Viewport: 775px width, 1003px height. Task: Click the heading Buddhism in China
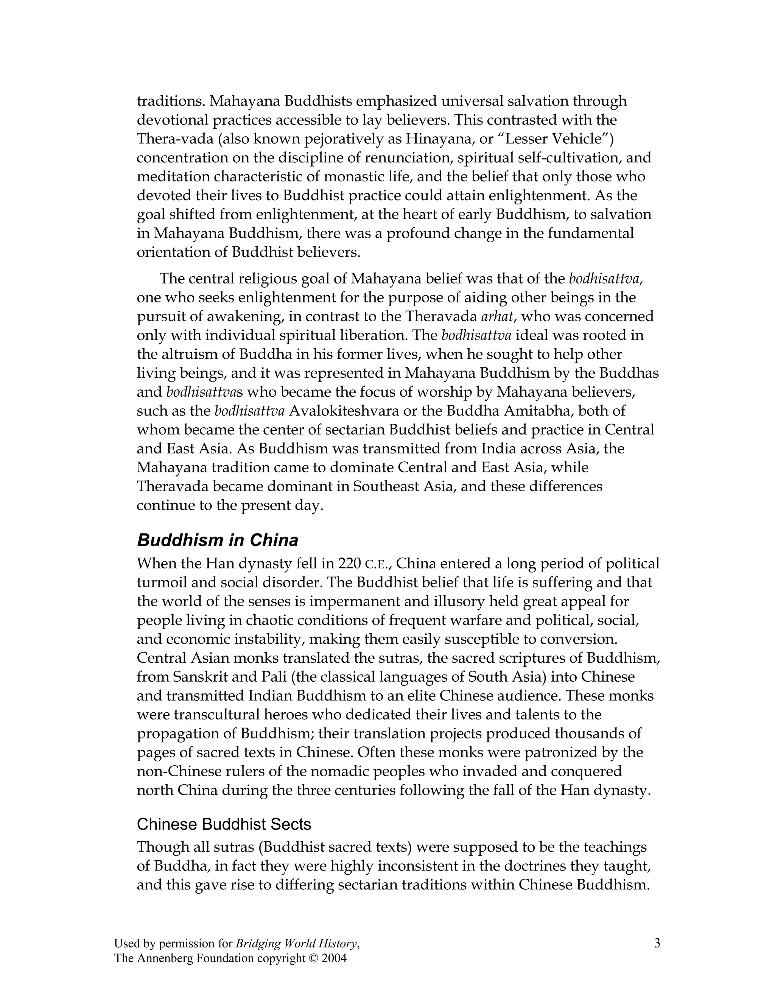click(218, 540)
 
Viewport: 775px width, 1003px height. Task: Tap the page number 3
click(657, 944)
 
